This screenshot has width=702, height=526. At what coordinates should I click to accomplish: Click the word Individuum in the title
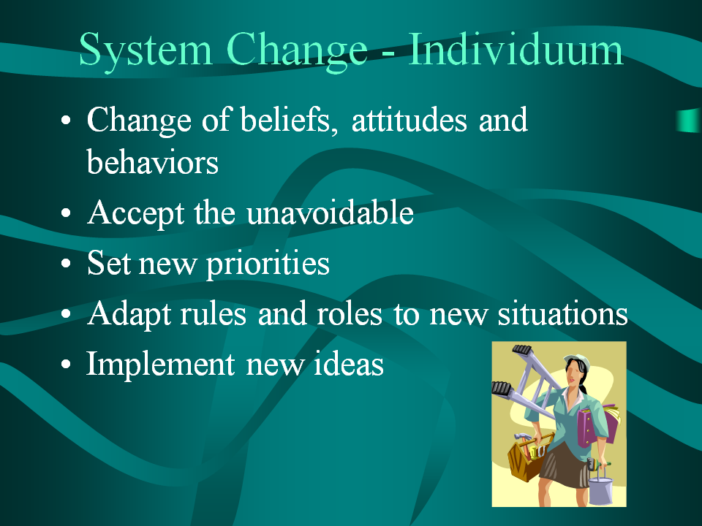[516, 50]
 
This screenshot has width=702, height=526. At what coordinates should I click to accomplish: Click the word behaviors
[152, 162]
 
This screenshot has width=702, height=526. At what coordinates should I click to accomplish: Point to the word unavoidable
[330, 212]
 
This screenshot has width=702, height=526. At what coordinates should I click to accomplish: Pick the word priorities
[268, 264]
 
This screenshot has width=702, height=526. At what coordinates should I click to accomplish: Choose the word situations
[563, 313]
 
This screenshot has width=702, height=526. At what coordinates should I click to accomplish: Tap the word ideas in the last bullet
[348, 363]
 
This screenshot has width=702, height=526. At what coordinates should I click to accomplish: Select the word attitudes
[409, 121]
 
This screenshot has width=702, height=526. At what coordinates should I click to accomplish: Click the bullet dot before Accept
[66, 213]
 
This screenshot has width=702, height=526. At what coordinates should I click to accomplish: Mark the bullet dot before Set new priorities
[66, 264]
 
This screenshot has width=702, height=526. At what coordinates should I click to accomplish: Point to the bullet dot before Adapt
[66, 314]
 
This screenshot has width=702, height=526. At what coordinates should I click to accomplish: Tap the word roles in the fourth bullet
[350, 313]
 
